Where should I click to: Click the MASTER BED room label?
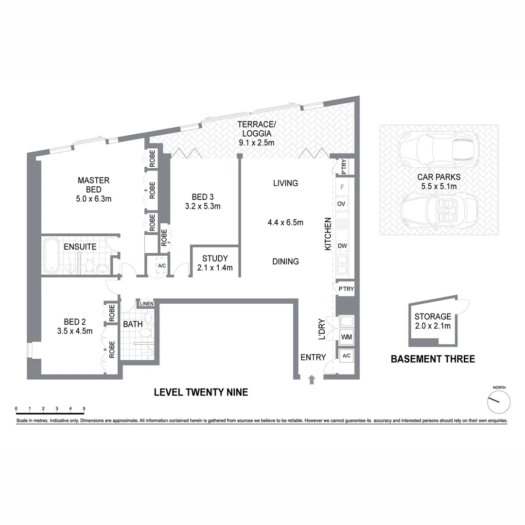point(93,184)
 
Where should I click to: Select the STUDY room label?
point(215,259)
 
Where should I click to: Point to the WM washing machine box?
point(347,337)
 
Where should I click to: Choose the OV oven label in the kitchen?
point(341,204)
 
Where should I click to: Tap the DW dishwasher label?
point(342,246)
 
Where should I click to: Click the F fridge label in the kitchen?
point(342,187)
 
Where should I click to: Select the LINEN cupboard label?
point(146,304)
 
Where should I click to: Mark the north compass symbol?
point(499,401)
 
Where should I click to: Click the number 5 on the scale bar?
point(84,408)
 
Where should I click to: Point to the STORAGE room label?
point(433,316)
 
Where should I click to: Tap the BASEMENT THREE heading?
point(433,359)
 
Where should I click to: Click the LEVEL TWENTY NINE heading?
point(201,392)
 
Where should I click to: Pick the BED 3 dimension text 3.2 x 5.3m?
point(203,206)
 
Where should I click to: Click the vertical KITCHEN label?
point(328,234)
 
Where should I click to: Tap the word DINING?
point(285,262)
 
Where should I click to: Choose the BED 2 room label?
point(75,321)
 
